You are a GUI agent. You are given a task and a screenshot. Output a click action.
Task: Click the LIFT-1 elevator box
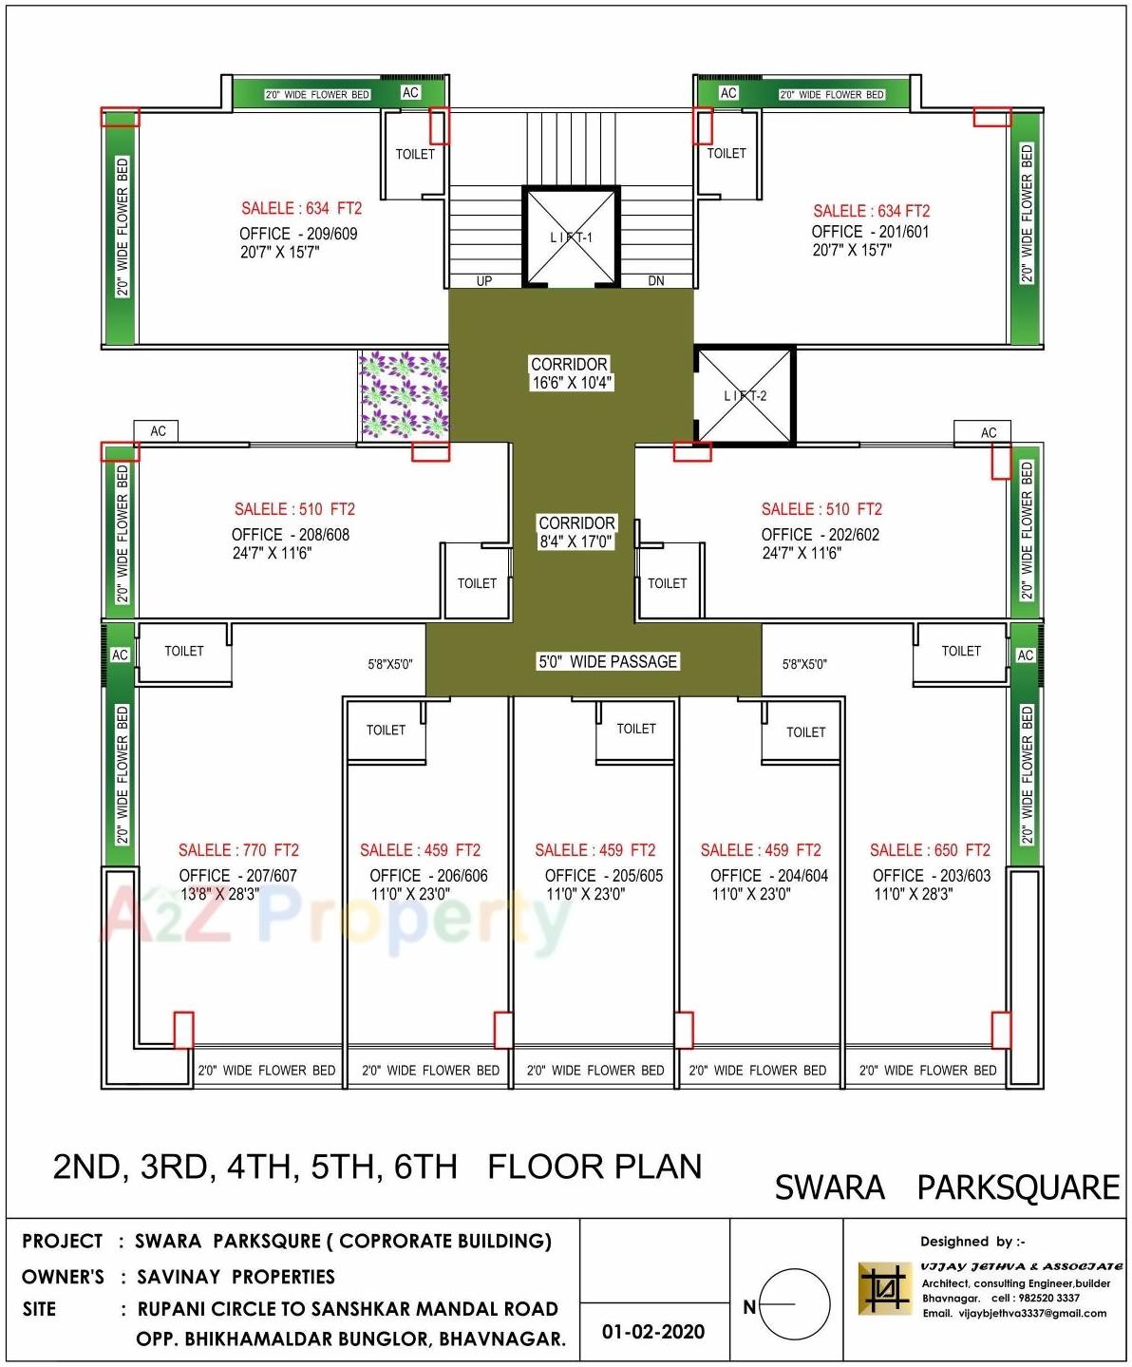571,237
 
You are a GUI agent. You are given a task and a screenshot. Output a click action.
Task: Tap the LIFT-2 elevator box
745,395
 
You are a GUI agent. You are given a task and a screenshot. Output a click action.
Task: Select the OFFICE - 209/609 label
298,234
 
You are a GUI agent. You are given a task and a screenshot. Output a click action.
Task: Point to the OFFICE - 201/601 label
870,232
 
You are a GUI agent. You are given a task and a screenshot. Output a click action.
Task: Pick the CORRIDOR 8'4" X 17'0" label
576,532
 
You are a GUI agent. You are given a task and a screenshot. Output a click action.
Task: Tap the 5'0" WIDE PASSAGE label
608,661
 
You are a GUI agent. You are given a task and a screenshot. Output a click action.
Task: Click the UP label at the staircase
484,281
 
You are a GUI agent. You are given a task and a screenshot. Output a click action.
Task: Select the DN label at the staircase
656,281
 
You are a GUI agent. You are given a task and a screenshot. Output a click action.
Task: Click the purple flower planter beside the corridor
404,394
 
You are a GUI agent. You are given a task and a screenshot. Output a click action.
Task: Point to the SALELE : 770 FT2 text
238,850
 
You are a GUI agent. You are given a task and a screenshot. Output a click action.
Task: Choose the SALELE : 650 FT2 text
930,850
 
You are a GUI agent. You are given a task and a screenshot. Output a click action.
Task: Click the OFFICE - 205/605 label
604,876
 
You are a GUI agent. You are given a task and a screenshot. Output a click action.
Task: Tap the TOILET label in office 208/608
477,583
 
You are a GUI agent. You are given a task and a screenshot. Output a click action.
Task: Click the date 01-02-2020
653,1332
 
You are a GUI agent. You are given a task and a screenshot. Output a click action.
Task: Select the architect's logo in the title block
884,1289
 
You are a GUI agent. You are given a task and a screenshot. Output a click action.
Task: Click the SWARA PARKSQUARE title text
947,1187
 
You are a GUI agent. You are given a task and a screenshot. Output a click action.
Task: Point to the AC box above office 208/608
158,431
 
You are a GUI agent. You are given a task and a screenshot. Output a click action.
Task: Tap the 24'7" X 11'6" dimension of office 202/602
802,553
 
